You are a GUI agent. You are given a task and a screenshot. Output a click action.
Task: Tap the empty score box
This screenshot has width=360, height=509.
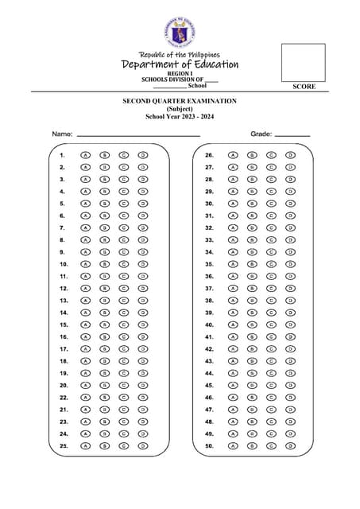click(x=303, y=62)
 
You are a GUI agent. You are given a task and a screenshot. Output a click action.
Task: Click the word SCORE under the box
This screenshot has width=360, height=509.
click(x=304, y=86)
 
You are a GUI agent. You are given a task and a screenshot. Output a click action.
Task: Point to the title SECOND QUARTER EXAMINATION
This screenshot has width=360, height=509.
click(x=180, y=103)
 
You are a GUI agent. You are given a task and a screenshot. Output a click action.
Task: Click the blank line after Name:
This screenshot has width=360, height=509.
click(x=137, y=136)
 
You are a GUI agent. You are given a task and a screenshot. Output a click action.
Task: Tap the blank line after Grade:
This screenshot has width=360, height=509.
click(x=292, y=136)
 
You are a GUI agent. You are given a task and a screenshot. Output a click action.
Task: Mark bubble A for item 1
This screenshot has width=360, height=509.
click(x=84, y=155)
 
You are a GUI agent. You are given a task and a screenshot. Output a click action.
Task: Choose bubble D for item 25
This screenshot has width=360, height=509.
click(x=143, y=446)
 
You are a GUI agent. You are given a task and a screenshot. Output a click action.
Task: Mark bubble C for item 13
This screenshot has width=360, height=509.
click(x=124, y=301)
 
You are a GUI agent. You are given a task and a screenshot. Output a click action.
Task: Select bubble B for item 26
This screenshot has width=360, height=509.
click(x=252, y=155)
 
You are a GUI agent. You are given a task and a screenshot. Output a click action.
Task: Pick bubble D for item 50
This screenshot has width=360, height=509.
click(x=290, y=446)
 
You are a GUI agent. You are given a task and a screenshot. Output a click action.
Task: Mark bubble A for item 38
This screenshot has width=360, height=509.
click(x=233, y=301)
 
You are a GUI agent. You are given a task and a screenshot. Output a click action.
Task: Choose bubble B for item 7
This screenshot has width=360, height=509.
click(x=104, y=227)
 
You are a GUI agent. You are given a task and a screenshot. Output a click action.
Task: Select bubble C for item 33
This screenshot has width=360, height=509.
click(x=271, y=239)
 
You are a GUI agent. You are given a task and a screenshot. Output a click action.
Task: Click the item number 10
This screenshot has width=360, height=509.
click(x=64, y=264)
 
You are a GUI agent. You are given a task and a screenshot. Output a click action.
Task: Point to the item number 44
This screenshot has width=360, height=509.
click(x=210, y=373)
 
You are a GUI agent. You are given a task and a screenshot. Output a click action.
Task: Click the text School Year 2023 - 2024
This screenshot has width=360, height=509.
click(x=180, y=117)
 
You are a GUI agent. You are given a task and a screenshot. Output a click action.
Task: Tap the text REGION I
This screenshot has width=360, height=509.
click(x=180, y=73)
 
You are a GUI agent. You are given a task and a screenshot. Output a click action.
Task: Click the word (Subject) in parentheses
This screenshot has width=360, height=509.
click(x=180, y=110)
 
